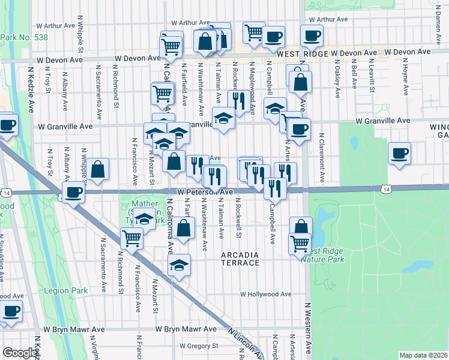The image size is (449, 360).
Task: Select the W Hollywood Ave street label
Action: point(266,295)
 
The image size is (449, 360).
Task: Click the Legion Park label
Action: point(65,291)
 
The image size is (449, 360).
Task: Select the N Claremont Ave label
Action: point(322,157)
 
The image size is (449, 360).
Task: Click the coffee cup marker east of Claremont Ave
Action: point(399,154)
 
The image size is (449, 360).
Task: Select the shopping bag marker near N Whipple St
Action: point(97,170)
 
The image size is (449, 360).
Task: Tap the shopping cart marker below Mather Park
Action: point(131,238)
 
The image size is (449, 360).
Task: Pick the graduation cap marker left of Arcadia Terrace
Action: point(179,265)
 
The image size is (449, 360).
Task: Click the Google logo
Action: point(20,353)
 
